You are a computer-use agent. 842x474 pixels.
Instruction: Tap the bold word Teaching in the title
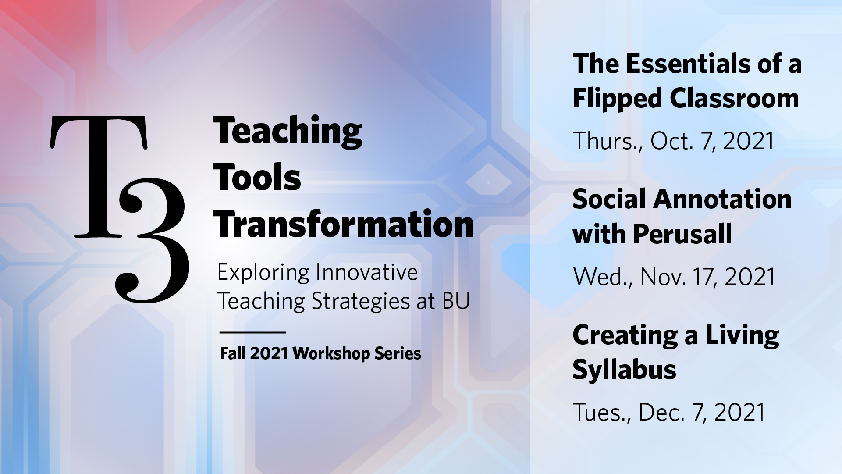[x=288, y=131]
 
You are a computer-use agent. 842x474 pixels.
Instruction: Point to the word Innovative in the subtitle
[x=367, y=272]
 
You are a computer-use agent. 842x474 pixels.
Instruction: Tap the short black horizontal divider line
[x=252, y=332]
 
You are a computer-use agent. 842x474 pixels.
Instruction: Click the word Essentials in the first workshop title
[x=688, y=64]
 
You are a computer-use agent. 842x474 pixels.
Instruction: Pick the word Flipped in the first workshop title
[x=618, y=99]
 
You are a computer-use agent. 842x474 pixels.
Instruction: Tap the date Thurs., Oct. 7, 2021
[x=674, y=141]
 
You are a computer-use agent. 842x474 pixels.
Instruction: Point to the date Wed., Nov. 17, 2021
[x=675, y=277]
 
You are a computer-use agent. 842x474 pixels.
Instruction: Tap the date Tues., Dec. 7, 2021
[x=669, y=413]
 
